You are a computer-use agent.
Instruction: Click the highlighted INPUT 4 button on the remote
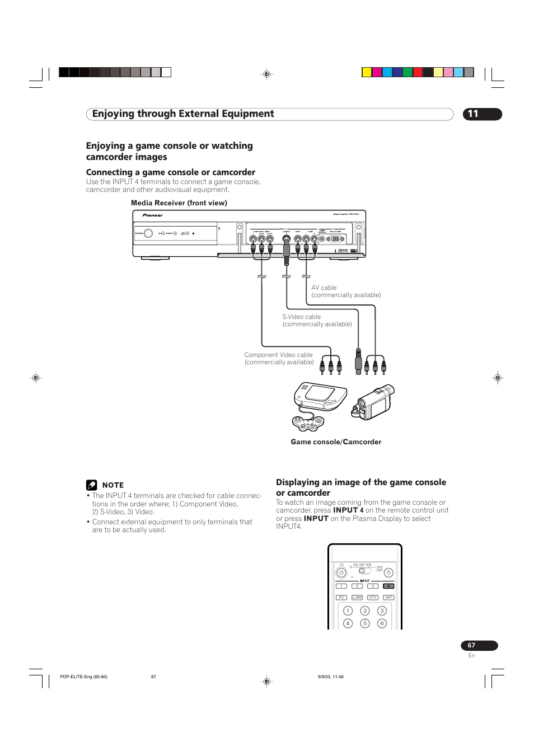click(388, 586)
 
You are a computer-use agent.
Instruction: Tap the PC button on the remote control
click(341, 598)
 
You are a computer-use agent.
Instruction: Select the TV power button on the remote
click(341, 573)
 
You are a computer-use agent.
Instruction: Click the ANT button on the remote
click(388, 598)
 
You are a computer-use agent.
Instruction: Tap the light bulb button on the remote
click(388, 573)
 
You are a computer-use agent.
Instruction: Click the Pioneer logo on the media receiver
click(152, 215)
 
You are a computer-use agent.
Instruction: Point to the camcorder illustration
click(373, 402)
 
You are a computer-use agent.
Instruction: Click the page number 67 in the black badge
click(472, 646)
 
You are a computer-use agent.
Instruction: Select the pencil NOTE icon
click(91, 485)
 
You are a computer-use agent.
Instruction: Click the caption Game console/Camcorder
click(336, 442)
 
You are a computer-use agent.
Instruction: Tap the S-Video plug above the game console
click(358, 361)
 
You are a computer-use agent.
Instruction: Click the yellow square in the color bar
click(367, 72)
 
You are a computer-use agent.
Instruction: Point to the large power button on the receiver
click(148, 233)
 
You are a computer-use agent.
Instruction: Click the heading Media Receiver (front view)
click(179, 203)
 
